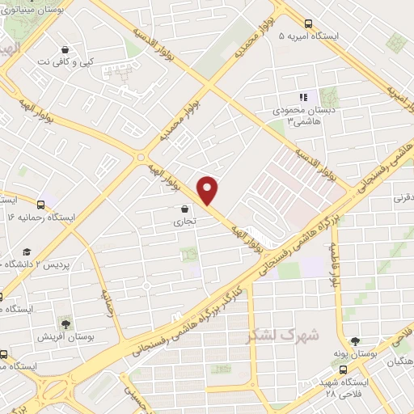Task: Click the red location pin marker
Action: (x=209, y=190)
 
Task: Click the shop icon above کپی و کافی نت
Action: (x=65, y=48)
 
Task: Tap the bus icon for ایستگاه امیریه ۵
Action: (x=310, y=23)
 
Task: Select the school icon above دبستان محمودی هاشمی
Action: (x=303, y=97)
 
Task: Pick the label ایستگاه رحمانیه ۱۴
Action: (x=40, y=218)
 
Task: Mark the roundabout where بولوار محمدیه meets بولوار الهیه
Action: (x=142, y=157)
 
